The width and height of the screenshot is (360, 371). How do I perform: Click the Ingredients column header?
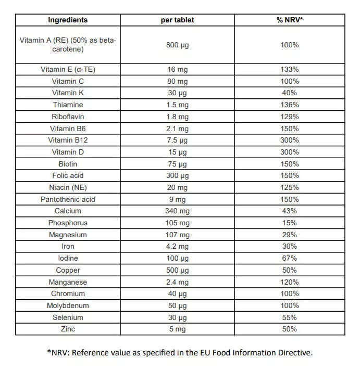(68, 20)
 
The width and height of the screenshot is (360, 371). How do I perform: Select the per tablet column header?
(177, 20)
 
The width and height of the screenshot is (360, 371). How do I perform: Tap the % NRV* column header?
(290, 20)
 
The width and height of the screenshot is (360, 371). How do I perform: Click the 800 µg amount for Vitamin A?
(177, 45)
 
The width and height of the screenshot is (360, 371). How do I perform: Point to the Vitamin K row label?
(68, 93)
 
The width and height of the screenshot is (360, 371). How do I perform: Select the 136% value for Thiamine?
(290, 105)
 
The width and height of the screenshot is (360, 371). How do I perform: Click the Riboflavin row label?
(68, 117)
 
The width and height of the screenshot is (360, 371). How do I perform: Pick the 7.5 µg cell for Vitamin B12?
(177, 140)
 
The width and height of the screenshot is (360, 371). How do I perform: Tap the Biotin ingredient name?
(68, 164)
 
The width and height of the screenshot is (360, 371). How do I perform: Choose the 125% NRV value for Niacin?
(290, 187)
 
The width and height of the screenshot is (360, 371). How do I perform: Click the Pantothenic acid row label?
(68, 199)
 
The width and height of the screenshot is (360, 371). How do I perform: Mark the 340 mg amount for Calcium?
(177, 211)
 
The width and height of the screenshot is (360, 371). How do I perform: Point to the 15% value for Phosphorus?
(290, 223)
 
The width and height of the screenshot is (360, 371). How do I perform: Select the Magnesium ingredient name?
(68, 235)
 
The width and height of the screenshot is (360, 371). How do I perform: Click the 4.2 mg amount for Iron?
(177, 246)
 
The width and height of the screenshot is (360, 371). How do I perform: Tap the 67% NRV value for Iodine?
(290, 258)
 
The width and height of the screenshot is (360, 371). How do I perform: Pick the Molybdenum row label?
(68, 305)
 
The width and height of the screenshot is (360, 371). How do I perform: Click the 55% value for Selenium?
(290, 317)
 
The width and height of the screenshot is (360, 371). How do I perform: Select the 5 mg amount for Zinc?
(177, 329)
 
